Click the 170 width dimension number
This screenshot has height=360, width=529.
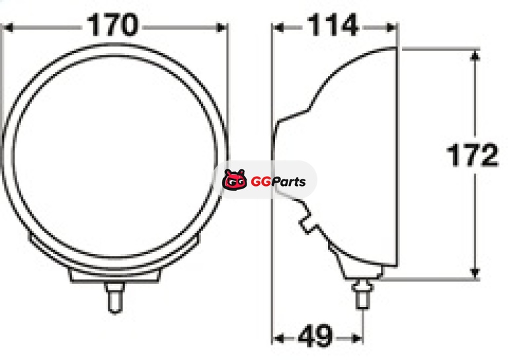tap(112, 24)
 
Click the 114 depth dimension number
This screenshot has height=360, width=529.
tap(333, 24)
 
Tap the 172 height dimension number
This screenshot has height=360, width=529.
tap(472, 155)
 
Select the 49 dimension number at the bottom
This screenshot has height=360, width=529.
tap(315, 336)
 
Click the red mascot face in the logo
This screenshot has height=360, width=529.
tap(235, 179)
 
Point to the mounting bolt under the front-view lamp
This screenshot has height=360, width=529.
tap(114, 298)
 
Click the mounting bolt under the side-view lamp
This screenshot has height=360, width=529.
tap(362, 294)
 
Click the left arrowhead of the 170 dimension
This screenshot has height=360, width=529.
tap(7, 27)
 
